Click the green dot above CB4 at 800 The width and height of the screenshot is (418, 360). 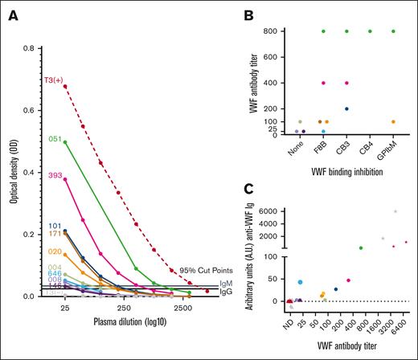(x=371, y=31)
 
